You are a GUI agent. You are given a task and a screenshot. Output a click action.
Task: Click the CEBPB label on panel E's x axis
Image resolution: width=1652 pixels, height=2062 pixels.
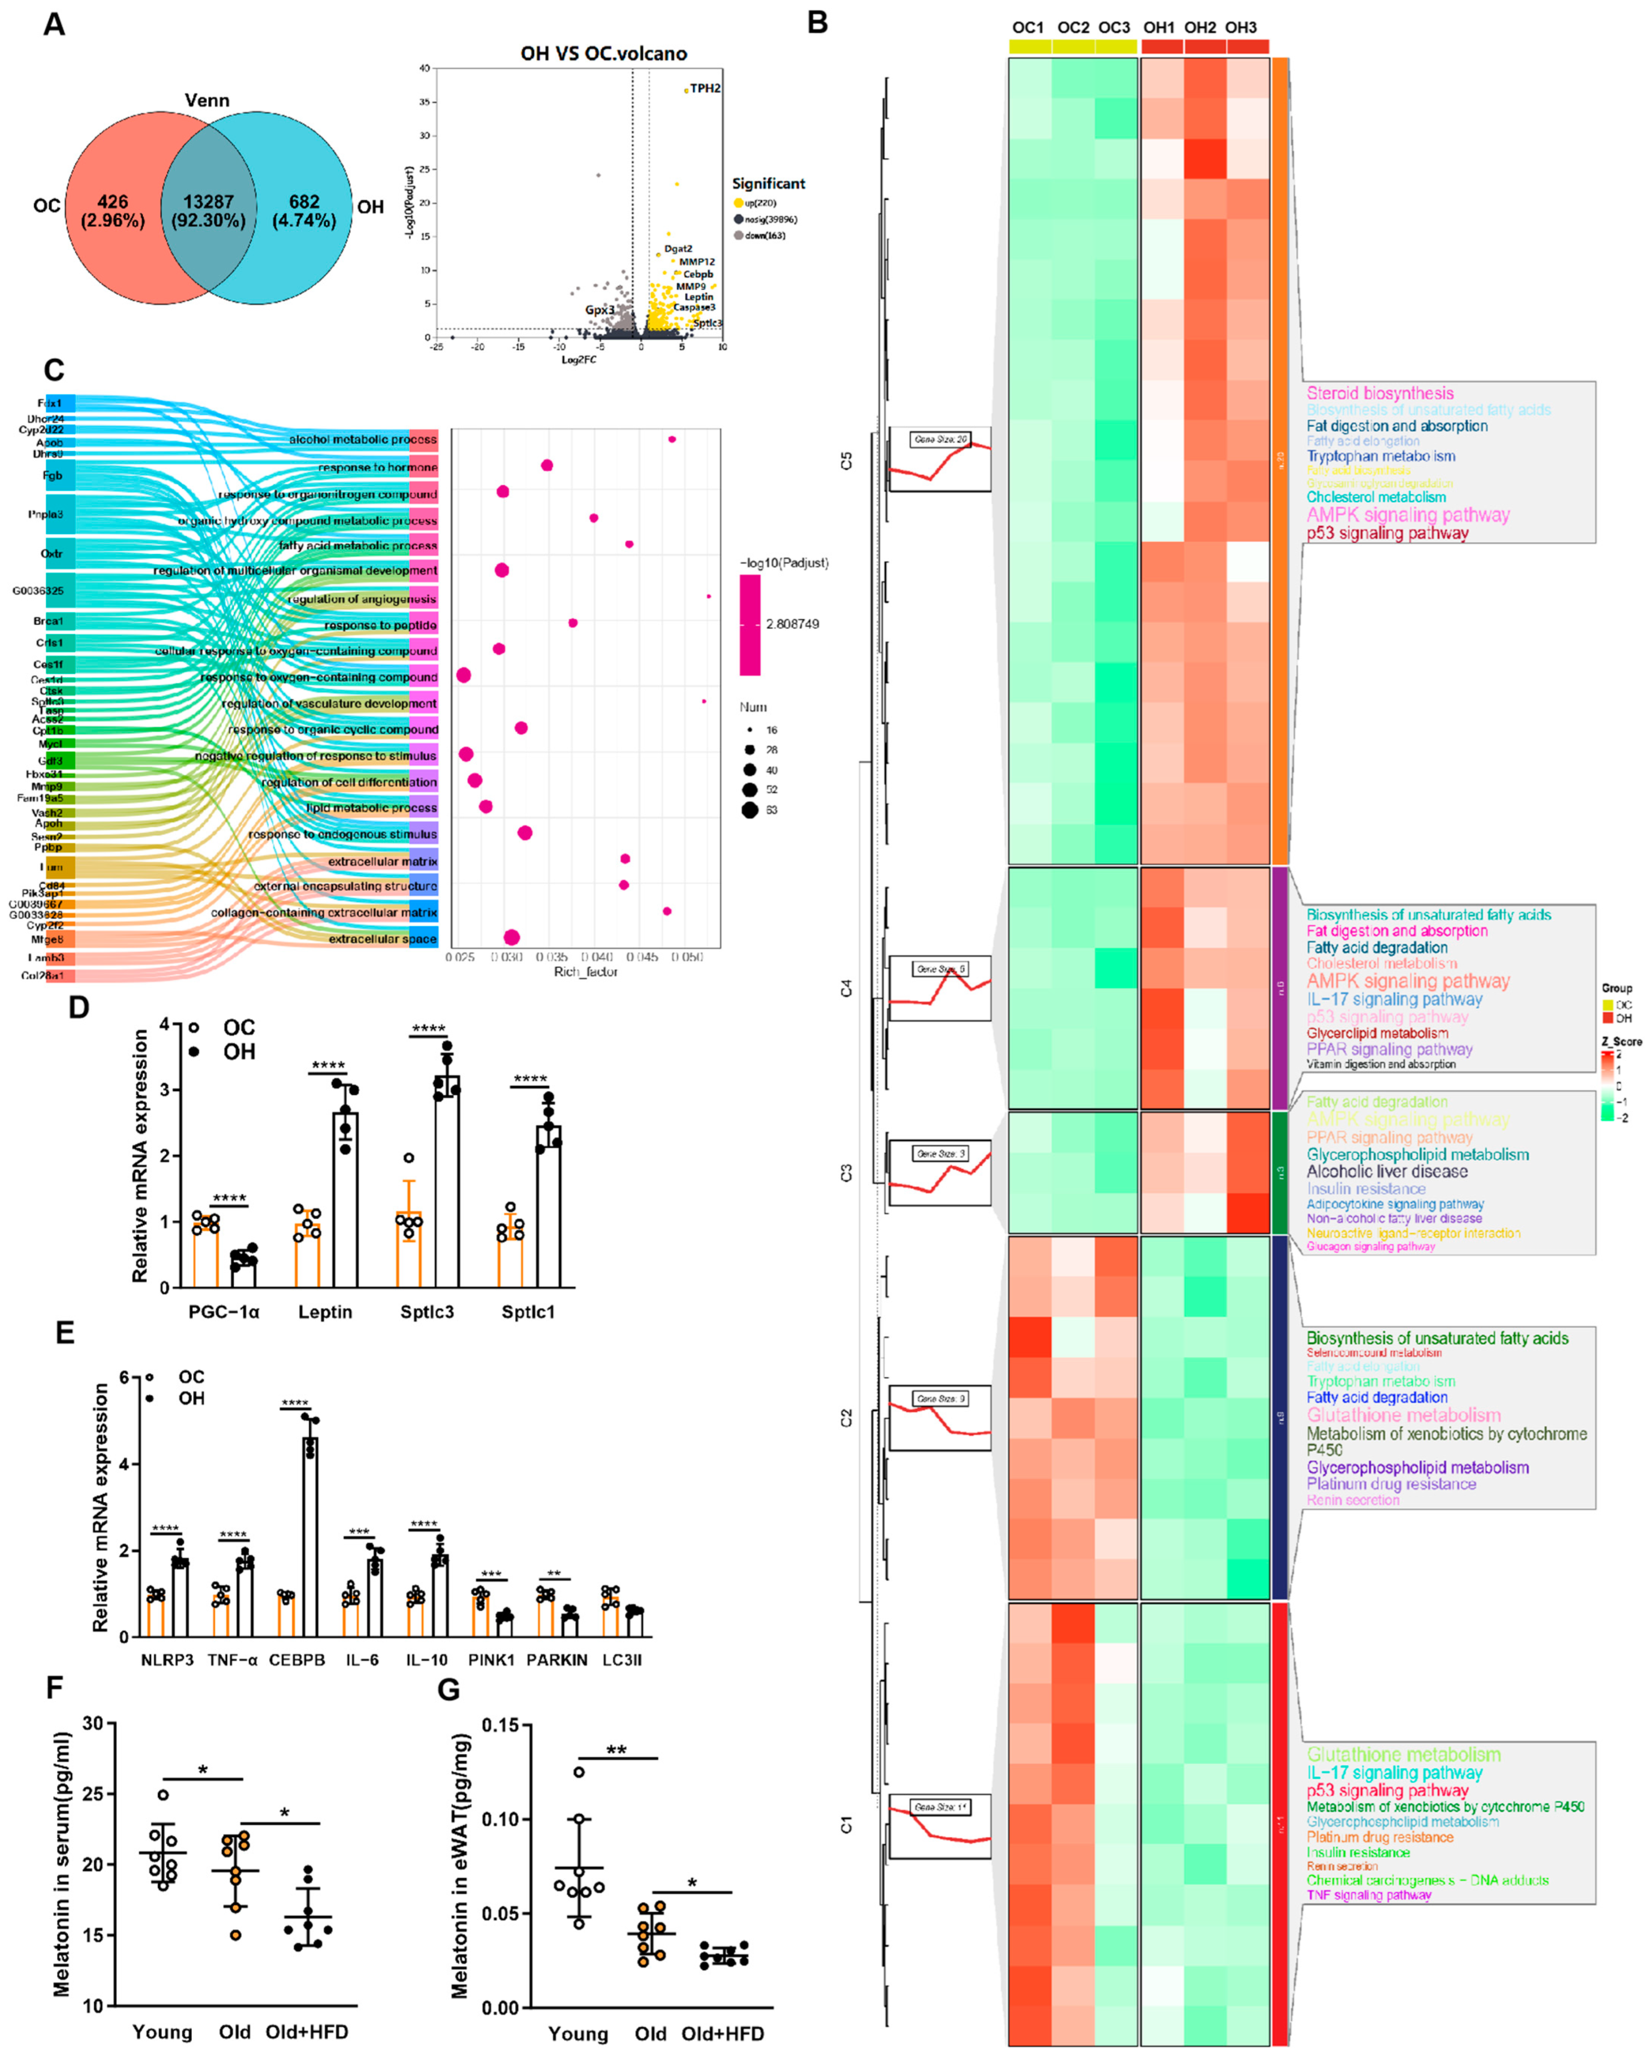(296, 1659)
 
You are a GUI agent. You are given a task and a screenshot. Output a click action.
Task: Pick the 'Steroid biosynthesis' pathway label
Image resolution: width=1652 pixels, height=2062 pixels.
(1379, 393)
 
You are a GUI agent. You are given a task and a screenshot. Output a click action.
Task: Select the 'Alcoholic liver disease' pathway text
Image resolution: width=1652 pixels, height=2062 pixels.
(1387, 1172)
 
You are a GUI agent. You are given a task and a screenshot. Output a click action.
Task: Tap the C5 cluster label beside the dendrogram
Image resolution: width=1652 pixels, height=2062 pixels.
(846, 461)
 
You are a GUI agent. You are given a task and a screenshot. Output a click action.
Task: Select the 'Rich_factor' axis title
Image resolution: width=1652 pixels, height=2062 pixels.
(585, 972)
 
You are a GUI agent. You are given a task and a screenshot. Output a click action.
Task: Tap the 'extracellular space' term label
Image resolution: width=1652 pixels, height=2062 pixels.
(383, 938)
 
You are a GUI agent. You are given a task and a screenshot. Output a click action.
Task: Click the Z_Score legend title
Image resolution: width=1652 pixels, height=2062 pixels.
(1621, 1041)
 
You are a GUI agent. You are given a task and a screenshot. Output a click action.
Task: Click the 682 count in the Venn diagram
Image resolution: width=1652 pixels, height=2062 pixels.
(304, 202)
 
